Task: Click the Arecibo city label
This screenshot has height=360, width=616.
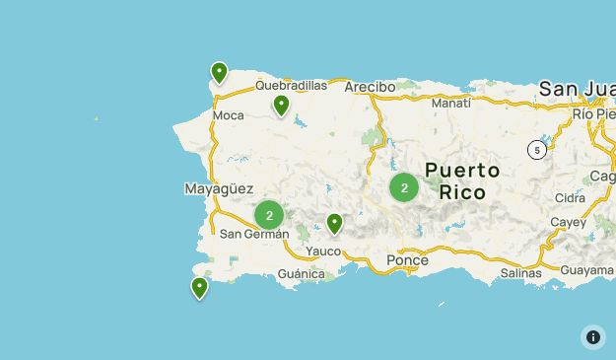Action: tap(370, 87)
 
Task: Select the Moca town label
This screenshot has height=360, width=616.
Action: tap(228, 115)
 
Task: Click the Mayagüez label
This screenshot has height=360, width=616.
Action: tap(219, 188)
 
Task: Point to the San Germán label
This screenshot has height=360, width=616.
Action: tap(254, 234)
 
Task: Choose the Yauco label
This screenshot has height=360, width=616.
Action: tap(323, 252)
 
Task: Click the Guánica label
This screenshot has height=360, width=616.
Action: tap(302, 274)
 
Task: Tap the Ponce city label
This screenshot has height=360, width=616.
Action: tap(407, 260)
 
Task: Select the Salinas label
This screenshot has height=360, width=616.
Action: tap(520, 273)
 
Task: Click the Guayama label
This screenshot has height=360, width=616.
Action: tap(586, 269)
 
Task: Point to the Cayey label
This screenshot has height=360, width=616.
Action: tap(568, 222)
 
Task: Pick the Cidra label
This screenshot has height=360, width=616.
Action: tap(570, 197)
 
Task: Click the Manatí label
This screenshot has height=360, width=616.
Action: tap(450, 103)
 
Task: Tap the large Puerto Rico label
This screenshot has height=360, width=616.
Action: tap(462, 180)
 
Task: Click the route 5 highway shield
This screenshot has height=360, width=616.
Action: tap(536, 150)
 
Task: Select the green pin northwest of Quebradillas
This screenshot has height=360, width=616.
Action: tap(219, 73)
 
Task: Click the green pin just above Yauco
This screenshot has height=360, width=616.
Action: tap(334, 224)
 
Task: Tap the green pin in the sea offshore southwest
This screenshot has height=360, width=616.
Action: tap(199, 287)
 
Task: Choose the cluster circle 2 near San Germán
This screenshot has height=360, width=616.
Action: tap(269, 215)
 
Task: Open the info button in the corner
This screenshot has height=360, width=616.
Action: tap(593, 337)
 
